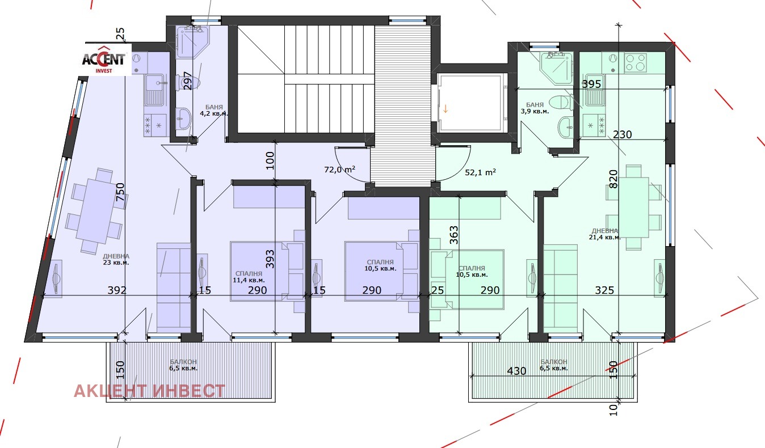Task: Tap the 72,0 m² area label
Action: [340, 169]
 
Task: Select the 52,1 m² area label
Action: [481, 172]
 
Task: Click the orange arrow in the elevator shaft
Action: [445, 109]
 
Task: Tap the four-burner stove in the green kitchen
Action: [635, 63]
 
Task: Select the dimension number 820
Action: [613, 179]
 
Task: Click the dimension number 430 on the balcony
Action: [516, 371]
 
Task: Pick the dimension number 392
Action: [117, 290]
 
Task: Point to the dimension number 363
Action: [454, 235]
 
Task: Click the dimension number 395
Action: [591, 84]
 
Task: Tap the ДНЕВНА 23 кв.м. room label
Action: [116, 259]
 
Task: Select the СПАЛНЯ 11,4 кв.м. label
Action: [249, 277]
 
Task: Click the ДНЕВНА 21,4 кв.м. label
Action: [605, 234]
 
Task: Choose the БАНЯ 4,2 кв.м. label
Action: [214, 110]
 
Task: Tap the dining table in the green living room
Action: [633, 207]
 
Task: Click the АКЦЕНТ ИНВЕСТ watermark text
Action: [149, 391]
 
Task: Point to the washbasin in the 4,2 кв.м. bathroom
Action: [184, 118]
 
